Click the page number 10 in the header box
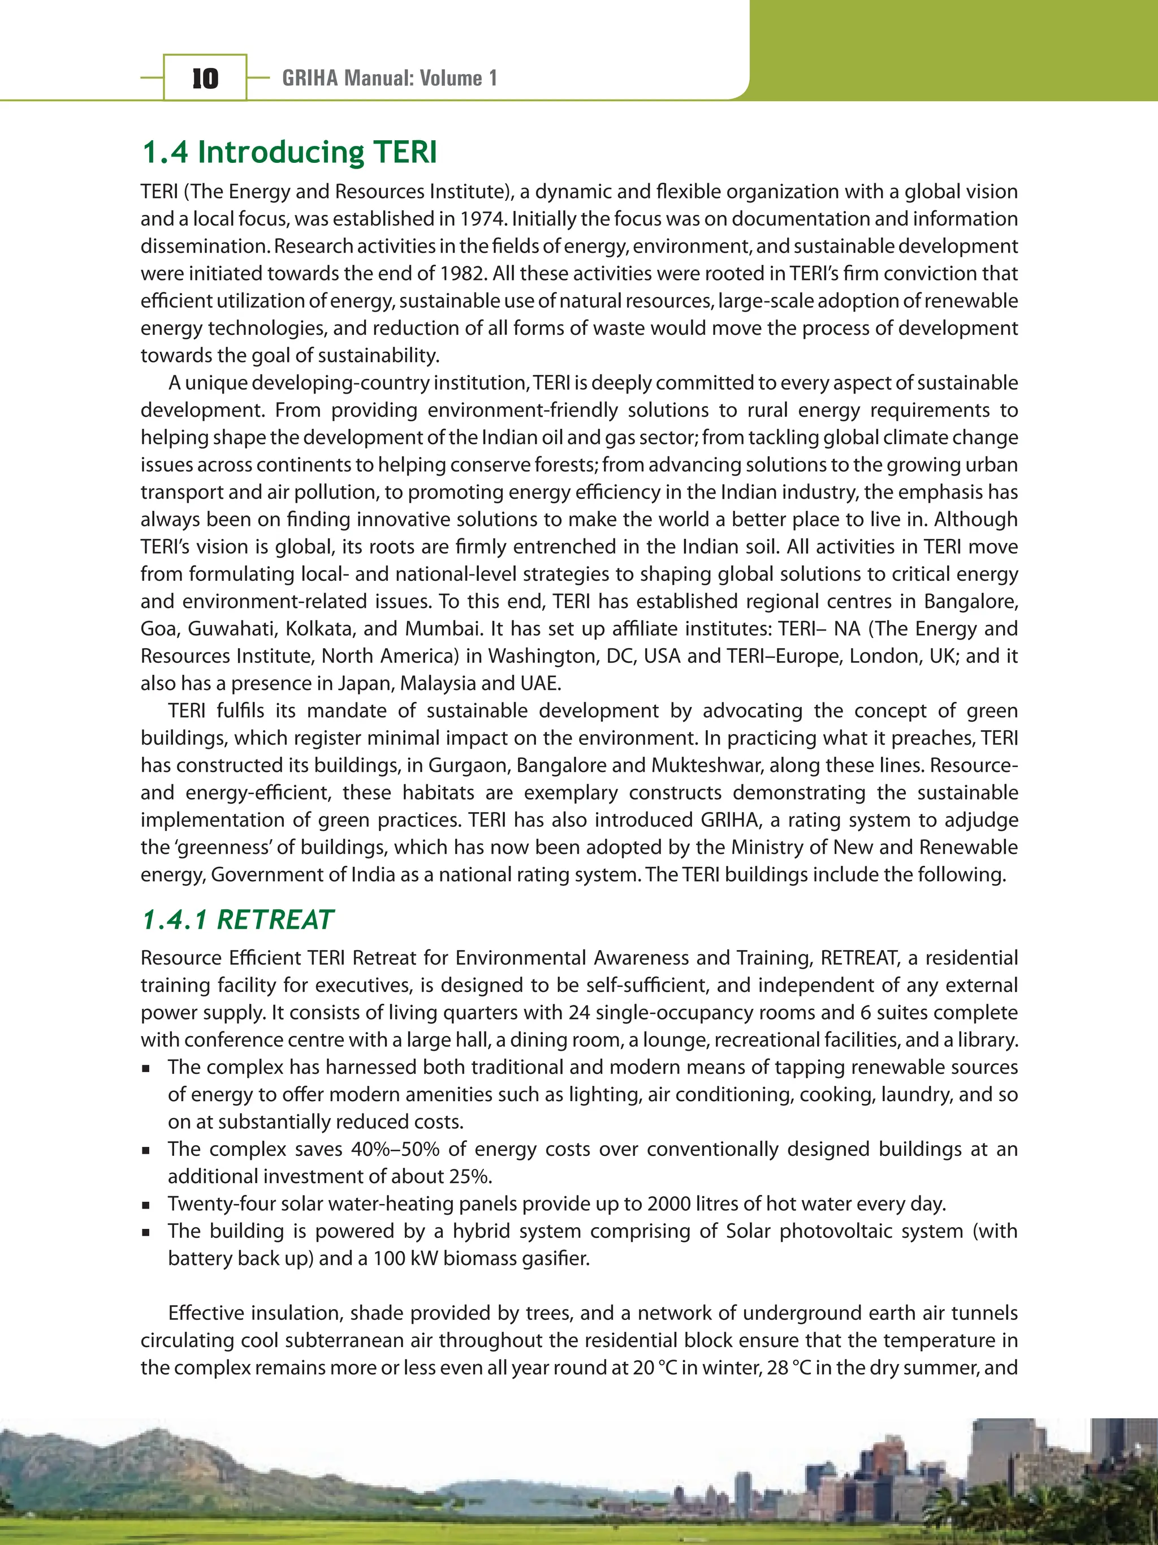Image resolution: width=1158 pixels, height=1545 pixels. coord(205,78)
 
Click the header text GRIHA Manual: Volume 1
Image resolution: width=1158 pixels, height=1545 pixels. coord(389,78)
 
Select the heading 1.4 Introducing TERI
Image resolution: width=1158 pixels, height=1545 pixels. coord(289,152)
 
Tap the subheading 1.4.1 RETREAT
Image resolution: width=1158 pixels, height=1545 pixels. coord(237,920)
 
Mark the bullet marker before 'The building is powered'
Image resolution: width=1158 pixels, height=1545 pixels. coord(146,1232)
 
